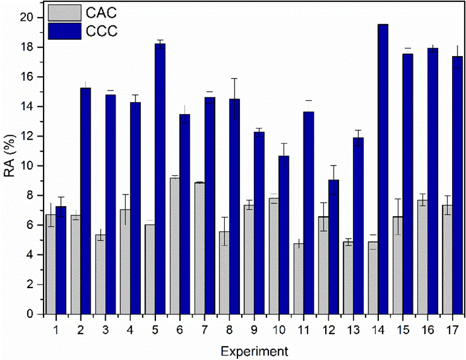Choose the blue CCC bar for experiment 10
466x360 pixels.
point(283,235)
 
